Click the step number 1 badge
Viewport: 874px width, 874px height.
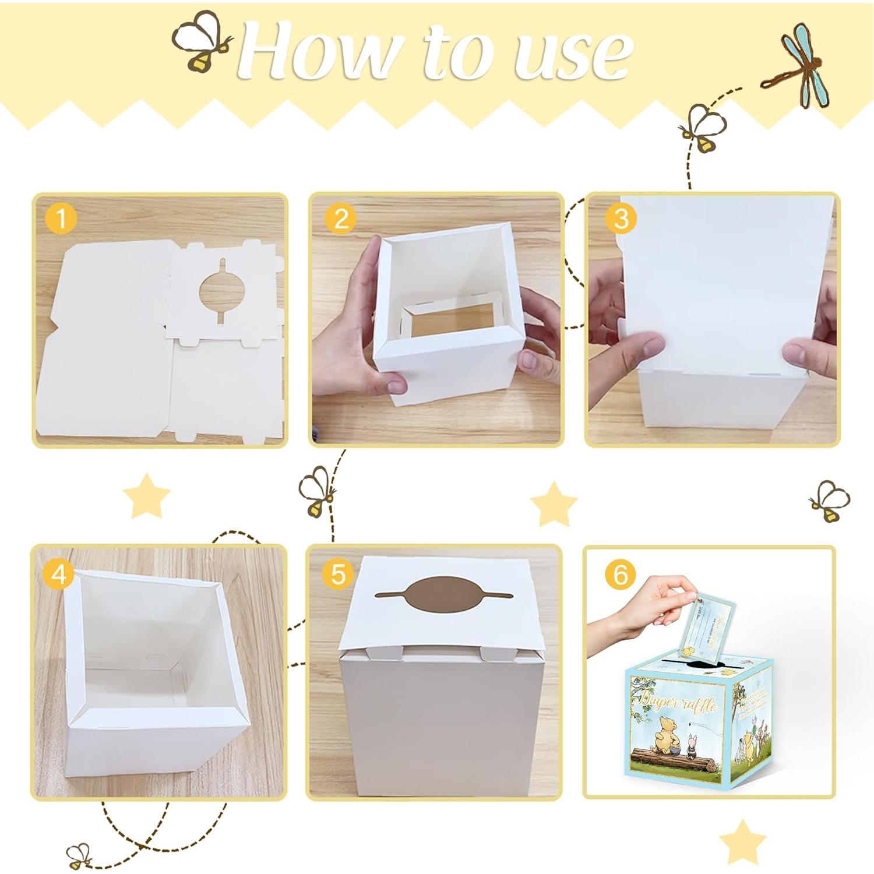(x=60, y=219)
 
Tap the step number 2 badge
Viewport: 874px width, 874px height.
(x=341, y=219)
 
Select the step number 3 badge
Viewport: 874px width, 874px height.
(x=621, y=219)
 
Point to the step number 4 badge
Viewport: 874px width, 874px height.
(x=58, y=575)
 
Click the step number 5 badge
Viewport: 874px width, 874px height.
(x=338, y=575)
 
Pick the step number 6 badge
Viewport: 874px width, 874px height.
(x=621, y=575)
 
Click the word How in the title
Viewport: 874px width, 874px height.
(x=320, y=52)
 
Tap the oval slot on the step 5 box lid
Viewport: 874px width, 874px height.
(x=444, y=595)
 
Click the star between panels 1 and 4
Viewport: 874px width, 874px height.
(x=146, y=496)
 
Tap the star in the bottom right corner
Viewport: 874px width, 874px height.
(x=742, y=842)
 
